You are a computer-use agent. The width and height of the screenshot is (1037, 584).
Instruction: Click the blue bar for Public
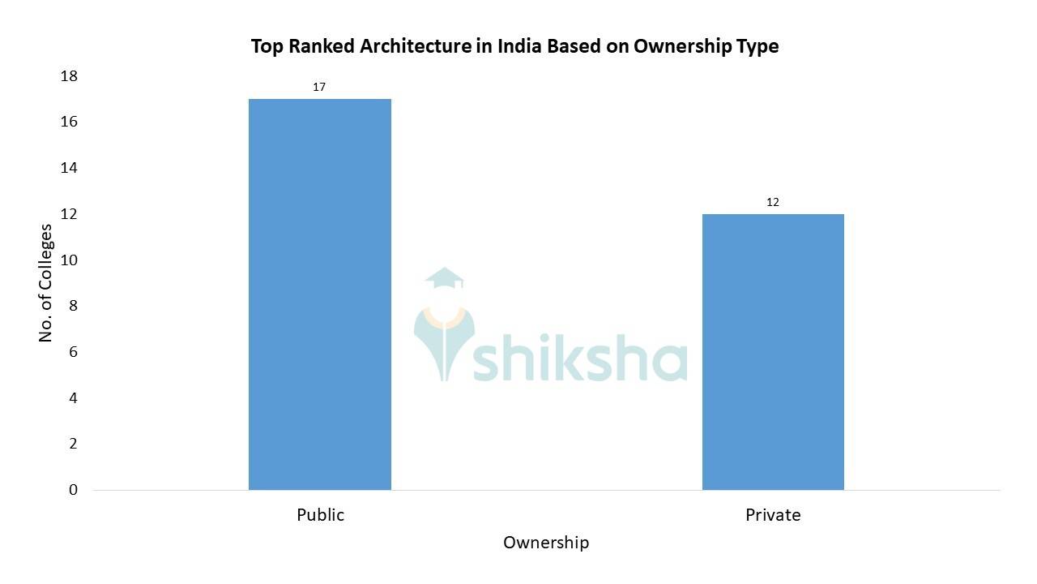pyautogui.click(x=319, y=294)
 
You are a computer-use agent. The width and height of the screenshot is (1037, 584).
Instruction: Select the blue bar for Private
pyautogui.click(x=773, y=352)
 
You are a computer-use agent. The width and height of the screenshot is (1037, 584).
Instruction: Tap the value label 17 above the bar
pyautogui.click(x=319, y=87)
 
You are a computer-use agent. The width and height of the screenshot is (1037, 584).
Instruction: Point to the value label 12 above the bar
pyautogui.click(x=773, y=202)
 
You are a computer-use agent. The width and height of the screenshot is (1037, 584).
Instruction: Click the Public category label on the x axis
pyautogui.click(x=320, y=515)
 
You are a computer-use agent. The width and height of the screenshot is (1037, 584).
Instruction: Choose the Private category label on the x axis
pyautogui.click(x=773, y=515)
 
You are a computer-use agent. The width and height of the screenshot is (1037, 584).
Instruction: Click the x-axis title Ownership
pyautogui.click(x=546, y=542)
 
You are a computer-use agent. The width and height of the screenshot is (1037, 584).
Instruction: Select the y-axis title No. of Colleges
pyautogui.click(x=46, y=283)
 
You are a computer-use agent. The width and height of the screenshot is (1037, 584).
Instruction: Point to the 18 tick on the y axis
pyautogui.click(x=69, y=76)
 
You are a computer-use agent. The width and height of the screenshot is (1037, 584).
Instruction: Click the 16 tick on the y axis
pyautogui.click(x=69, y=122)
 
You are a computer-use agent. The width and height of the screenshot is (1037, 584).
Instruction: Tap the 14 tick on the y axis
pyautogui.click(x=69, y=168)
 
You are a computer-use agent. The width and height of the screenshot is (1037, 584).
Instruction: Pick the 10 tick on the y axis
pyautogui.click(x=69, y=260)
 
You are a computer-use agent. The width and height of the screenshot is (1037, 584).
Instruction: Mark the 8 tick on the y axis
pyautogui.click(x=73, y=306)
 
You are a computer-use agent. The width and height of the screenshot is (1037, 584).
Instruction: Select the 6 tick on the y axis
pyautogui.click(x=73, y=352)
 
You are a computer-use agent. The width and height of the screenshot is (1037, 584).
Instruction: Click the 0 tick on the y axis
pyautogui.click(x=73, y=490)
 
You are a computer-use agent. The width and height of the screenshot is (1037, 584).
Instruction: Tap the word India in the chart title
pyautogui.click(x=518, y=46)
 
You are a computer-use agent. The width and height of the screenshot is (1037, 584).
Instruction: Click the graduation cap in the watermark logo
pyautogui.click(x=444, y=278)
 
